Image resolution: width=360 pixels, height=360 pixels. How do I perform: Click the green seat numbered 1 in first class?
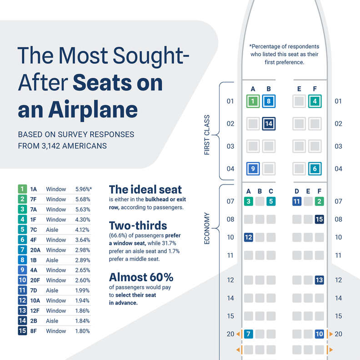253,101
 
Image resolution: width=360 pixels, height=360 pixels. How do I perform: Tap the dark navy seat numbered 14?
269,123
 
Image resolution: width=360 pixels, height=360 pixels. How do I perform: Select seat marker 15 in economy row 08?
319,220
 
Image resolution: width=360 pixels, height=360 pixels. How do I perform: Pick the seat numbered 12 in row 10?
249,237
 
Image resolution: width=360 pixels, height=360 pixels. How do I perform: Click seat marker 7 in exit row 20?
249,334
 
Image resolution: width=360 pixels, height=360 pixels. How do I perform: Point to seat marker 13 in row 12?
319,280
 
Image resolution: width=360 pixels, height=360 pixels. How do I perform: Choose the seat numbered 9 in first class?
253,169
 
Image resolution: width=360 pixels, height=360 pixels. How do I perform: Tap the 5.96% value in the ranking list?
83,189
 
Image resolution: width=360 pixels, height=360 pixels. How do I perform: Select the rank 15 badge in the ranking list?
21,331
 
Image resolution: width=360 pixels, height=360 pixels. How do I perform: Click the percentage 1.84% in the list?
82,321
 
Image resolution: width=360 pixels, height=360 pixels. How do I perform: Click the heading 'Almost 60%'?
141,277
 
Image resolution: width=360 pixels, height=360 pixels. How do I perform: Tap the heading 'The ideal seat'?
145,190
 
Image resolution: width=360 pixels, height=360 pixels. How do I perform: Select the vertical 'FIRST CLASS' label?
207,135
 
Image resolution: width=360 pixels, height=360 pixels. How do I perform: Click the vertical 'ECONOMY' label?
207,228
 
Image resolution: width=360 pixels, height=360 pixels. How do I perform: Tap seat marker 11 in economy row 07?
297,201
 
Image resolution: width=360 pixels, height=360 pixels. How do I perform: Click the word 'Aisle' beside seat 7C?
53,229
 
